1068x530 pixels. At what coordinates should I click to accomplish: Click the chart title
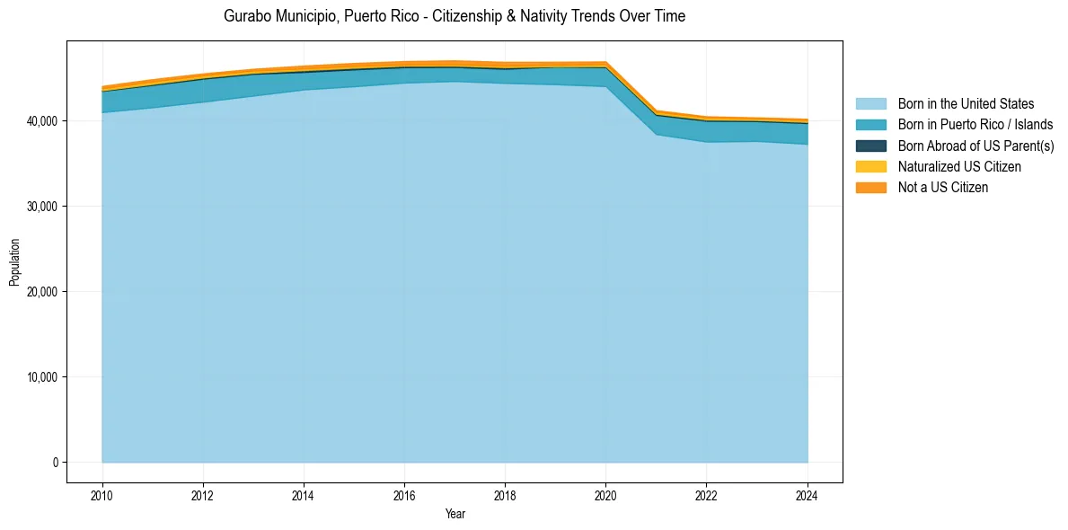455,16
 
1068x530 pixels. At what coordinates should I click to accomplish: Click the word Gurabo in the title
247,16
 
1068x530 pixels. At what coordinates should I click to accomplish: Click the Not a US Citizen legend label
942,187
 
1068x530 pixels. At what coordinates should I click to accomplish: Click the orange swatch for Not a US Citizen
870,187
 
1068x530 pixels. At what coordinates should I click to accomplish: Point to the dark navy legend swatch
870,146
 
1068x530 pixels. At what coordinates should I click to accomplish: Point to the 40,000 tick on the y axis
41,121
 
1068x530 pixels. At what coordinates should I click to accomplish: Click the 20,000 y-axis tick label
41,292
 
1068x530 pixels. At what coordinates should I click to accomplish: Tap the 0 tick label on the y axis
55,463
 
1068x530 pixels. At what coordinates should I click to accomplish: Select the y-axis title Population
14,261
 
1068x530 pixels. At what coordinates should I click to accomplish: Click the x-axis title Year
455,514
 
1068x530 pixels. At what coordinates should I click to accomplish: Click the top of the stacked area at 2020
605,62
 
